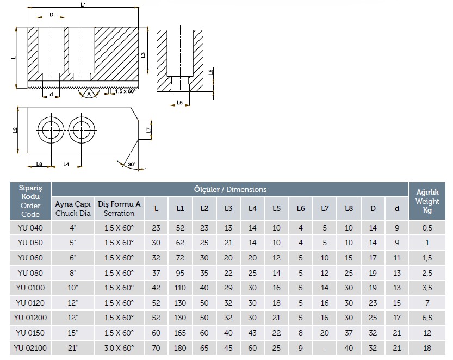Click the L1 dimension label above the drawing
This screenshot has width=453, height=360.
click(83, 4)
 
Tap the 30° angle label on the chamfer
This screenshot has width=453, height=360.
click(131, 164)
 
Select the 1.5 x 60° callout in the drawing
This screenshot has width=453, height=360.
click(125, 91)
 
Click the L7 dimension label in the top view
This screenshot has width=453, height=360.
click(149, 129)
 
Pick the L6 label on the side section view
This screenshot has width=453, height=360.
click(210, 73)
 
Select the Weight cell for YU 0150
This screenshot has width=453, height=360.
click(427, 332)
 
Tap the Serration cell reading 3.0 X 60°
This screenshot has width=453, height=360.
click(119, 347)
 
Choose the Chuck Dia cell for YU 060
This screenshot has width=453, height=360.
click(72, 258)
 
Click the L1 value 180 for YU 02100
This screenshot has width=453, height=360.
click(180, 347)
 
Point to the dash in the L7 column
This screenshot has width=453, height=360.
click(325, 347)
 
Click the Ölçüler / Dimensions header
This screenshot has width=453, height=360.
click(230, 189)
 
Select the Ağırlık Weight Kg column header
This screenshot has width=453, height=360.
click(427, 201)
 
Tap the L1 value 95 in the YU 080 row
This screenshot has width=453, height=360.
click(180, 272)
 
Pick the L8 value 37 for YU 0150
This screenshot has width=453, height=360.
click(349, 332)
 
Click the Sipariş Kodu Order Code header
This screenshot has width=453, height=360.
click(30, 201)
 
